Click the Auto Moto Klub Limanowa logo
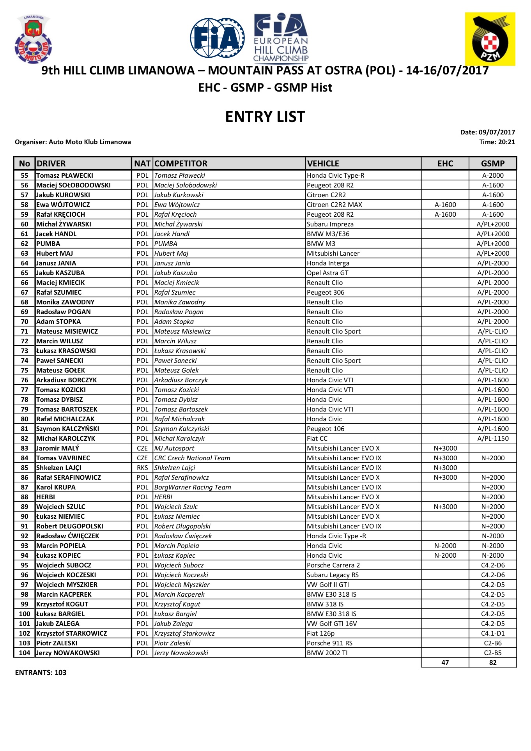33,39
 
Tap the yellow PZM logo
490,39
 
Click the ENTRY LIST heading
265,117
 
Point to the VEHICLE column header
323,164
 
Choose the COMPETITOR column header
181,164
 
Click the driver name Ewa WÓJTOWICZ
63,205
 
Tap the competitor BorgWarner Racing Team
193,487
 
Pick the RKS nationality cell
142,468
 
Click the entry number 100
25,614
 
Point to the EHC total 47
445,663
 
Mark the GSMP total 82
493,663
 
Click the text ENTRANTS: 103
41,672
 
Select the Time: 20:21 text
497,142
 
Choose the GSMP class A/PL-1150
493,438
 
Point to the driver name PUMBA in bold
48,244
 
